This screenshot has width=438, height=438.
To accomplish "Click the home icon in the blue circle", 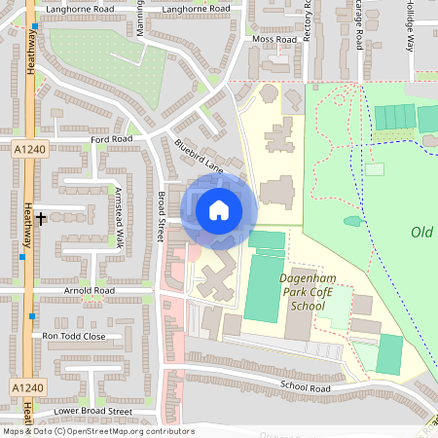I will click(x=219, y=210).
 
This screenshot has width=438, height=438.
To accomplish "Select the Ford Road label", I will click(x=111, y=139).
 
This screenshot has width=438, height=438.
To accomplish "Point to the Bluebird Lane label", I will click(x=199, y=157).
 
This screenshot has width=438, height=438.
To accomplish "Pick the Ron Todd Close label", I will click(x=75, y=336).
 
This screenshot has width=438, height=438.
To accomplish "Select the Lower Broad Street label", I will click(x=89, y=411).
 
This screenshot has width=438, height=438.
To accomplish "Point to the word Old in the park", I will click(x=421, y=232).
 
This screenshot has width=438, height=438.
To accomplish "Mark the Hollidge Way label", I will click(x=410, y=24).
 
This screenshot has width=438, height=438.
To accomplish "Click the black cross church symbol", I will click(x=42, y=218).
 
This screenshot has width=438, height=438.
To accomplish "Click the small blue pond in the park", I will click(x=352, y=221).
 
